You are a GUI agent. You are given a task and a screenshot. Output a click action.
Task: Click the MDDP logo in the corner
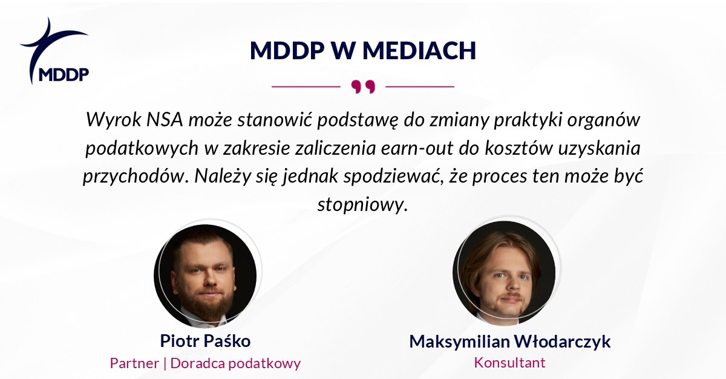click(54, 51)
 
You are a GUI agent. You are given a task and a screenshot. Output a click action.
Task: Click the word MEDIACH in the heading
click(419, 51)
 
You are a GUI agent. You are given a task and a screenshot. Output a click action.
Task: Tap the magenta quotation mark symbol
click(363, 87)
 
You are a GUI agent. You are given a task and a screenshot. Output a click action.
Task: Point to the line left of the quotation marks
click(306, 87)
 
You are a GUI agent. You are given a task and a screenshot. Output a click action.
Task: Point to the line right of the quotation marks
click(420, 87)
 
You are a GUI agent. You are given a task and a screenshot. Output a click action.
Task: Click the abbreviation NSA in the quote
click(165, 119)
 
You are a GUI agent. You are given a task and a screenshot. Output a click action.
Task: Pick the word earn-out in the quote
click(416, 148)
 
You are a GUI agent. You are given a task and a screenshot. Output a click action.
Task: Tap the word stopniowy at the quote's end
click(362, 206)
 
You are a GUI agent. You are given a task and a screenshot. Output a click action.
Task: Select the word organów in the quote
click(604, 120)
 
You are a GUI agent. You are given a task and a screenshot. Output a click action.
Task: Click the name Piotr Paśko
click(205, 341)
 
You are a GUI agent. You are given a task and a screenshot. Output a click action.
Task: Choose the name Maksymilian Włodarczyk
click(510, 342)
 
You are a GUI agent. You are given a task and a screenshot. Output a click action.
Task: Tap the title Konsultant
click(510, 363)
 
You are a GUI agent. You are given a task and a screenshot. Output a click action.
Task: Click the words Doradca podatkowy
click(235, 363)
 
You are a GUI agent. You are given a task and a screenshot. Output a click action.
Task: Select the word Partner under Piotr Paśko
click(134, 363)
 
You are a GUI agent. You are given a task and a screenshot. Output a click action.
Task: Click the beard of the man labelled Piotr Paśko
click(206, 300)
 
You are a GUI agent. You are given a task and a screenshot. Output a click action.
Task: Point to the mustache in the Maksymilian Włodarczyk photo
click(511, 296)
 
